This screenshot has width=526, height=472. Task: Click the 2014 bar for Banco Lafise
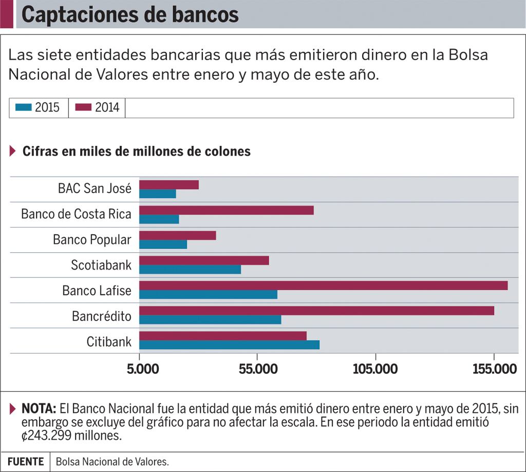point(323,286)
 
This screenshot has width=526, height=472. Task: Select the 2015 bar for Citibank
point(229,345)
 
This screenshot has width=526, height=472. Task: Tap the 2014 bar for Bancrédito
point(316,311)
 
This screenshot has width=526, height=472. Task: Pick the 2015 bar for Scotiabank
point(190,269)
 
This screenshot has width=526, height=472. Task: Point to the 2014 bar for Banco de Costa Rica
point(226,210)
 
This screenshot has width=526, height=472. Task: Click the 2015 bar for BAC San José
point(157,194)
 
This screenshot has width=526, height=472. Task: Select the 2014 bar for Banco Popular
point(177,235)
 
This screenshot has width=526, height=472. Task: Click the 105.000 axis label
point(375,370)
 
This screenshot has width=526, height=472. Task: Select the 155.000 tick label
point(494,370)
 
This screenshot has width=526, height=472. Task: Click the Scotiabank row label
point(101,265)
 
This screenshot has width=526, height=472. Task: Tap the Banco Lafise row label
point(97,290)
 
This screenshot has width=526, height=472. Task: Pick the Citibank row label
point(109,341)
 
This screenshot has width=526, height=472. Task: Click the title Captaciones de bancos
point(130,15)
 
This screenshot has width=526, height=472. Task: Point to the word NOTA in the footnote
point(39,409)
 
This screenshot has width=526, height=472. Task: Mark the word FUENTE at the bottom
point(26,462)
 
